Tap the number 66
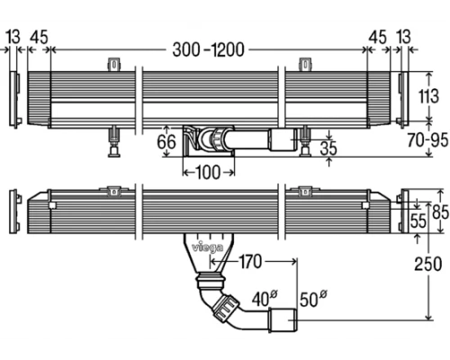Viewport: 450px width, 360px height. click(166, 141)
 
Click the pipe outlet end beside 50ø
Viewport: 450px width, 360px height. click(286, 322)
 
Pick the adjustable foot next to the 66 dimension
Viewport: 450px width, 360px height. click(113, 139)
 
